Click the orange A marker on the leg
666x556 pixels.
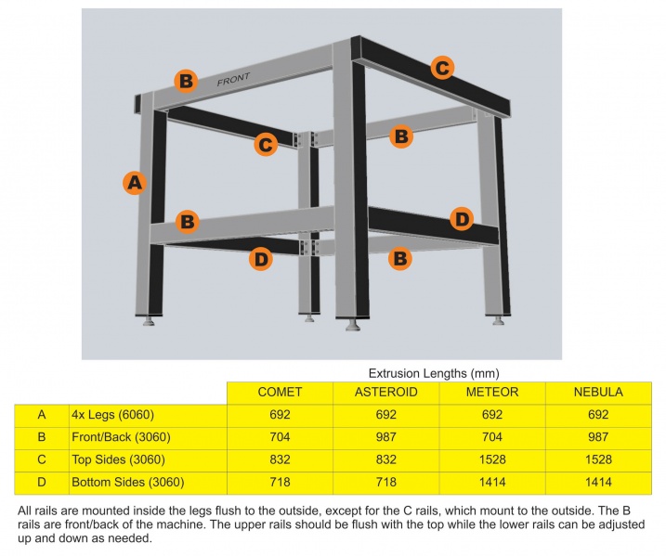136,183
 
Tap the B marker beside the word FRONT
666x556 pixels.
186,81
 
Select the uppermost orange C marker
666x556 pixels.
443,67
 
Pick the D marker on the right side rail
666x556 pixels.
462,220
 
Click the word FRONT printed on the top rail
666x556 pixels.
234,81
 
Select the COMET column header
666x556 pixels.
280,393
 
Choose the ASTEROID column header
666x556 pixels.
385,393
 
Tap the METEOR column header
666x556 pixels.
491,393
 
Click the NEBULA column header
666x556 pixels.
597,393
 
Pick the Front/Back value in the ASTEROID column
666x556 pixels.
385,437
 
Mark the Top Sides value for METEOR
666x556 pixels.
491,459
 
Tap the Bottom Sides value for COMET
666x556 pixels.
280,482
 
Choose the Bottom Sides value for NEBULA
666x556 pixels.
597,482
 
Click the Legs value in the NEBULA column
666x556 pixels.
597,415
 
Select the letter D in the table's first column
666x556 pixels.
42,482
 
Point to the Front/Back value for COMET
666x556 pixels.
280,437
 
